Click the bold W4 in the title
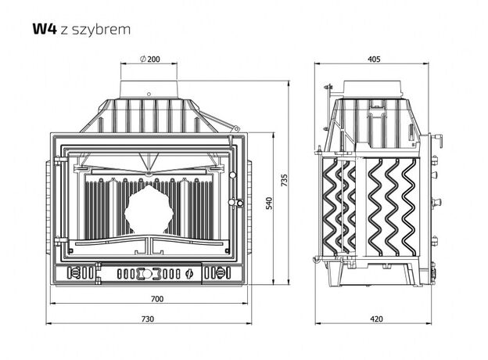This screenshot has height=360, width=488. point(45,29)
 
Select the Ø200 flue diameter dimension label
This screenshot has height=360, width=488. point(150,59)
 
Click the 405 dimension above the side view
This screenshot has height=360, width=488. point(374,59)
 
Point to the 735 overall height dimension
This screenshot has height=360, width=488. point(284,180)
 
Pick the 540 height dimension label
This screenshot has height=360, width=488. point(269,203)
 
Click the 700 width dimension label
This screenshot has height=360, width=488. point(157,299)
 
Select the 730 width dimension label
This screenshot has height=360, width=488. point(148,319)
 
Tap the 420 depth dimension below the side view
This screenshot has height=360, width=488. point(377,319)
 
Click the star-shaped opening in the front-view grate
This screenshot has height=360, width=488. point(149,210)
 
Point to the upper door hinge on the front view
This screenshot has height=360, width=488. point(60,160)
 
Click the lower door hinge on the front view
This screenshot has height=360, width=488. point(60,241)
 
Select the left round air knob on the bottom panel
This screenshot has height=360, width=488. point(76,273)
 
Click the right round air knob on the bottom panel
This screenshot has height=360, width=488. point(220,273)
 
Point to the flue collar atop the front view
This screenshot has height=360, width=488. point(149,90)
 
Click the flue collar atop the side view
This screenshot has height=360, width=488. point(372,90)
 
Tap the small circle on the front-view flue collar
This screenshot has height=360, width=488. point(149,94)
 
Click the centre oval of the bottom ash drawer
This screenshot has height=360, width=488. point(149,273)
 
